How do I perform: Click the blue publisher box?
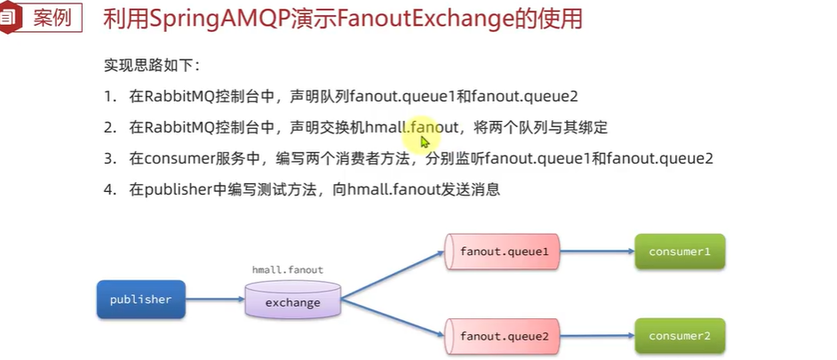pyautogui.click(x=140, y=300)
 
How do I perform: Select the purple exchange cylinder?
pyautogui.click(x=292, y=300)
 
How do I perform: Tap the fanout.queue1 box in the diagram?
pyautogui.click(x=505, y=252)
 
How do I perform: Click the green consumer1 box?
pyautogui.click(x=680, y=252)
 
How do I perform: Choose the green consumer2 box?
pyautogui.click(x=680, y=336)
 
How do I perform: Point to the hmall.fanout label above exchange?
pyautogui.click(x=288, y=269)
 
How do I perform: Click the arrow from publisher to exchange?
pyautogui.click(x=214, y=300)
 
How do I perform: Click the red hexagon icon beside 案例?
pyautogui.click(x=11, y=17)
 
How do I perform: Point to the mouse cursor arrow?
pyautogui.click(x=425, y=140)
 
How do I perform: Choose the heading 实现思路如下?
pyautogui.click(x=154, y=66)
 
